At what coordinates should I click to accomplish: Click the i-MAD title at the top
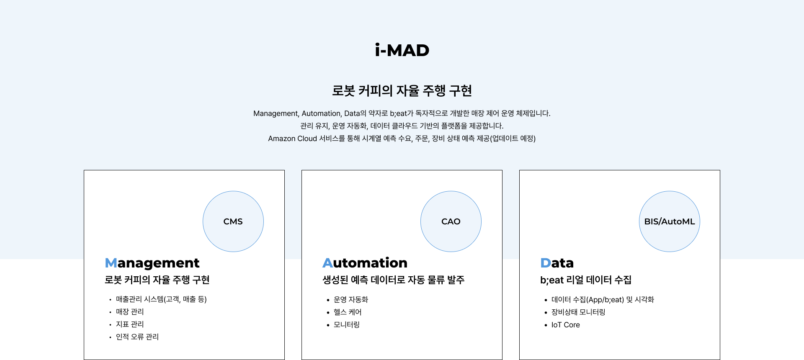pyautogui.click(x=402, y=50)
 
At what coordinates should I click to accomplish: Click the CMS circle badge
pyautogui.click(x=233, y=221)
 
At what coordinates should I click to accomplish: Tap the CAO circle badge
pyautogui.click(x=451, y=221)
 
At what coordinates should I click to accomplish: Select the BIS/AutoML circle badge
pyautogui.click(x=670, y=221)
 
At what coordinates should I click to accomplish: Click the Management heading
pyautogui.click(x=152, y=263)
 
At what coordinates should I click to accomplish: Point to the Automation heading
pyautogui.click(x=365, y=263)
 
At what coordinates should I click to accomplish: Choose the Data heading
pyautogui.click(x=557, y=263)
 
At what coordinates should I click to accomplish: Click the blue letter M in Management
pyautogui.click(x=111, y=263)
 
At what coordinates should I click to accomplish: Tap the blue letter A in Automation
pyautogui.click(x=327, y=263)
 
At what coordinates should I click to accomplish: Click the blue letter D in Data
pyautogui.click(x=546, y=263)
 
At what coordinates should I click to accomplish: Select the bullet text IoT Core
pyautogui.click(x=565, y=325)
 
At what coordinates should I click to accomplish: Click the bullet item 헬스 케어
pyautogui.click(x=348, y=312)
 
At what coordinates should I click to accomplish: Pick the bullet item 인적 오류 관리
pyautogui.click(x=137, y=337)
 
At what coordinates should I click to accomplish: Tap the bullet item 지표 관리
pyautogui.click(x=130, y=324)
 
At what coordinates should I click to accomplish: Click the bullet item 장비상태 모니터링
pyautogui.click(x=578, y=312)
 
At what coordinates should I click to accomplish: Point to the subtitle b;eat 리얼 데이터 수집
pyautogui.click(x=586, y=280)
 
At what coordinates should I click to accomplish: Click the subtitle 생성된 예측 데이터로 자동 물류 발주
pyautogui.click(x=394, y=280)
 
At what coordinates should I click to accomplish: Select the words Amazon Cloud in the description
pyautogui.click(x=293, y=139)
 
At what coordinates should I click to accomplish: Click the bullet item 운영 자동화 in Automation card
pyautogui.click(x=351, y=300)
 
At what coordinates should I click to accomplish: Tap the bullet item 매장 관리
pyautogui.click(x=130, y=312)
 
